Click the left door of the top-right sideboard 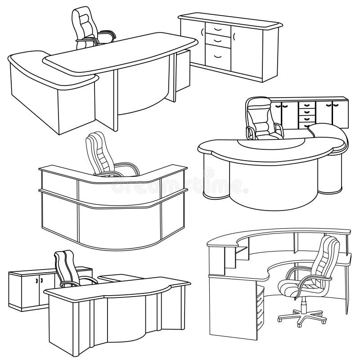point(195,43)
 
